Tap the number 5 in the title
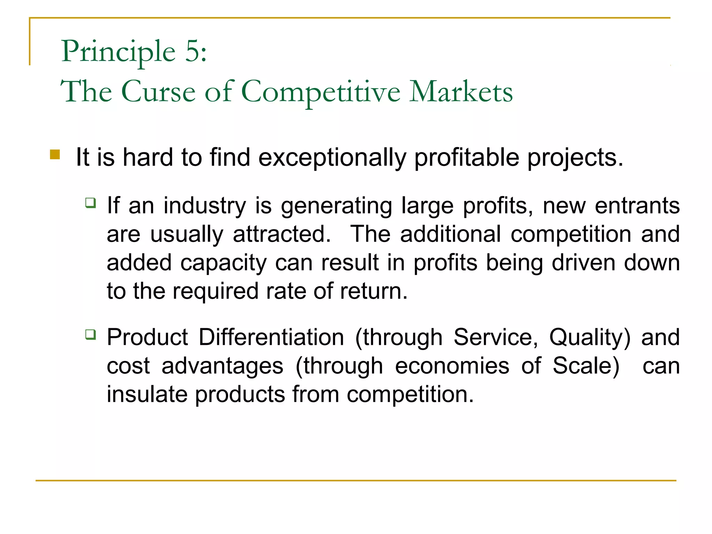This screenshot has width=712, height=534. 192,51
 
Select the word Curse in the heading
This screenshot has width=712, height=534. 159,92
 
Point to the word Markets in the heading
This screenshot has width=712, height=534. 461,92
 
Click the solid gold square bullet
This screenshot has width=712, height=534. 55,154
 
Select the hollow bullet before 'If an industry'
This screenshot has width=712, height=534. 91,202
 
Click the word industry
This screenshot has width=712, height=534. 205,206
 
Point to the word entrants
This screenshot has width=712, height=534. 637,206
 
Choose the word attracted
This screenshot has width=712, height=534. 281,234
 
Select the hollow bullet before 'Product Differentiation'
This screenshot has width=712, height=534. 91,334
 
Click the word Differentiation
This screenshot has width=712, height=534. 271,337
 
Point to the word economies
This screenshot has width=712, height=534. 452,366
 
